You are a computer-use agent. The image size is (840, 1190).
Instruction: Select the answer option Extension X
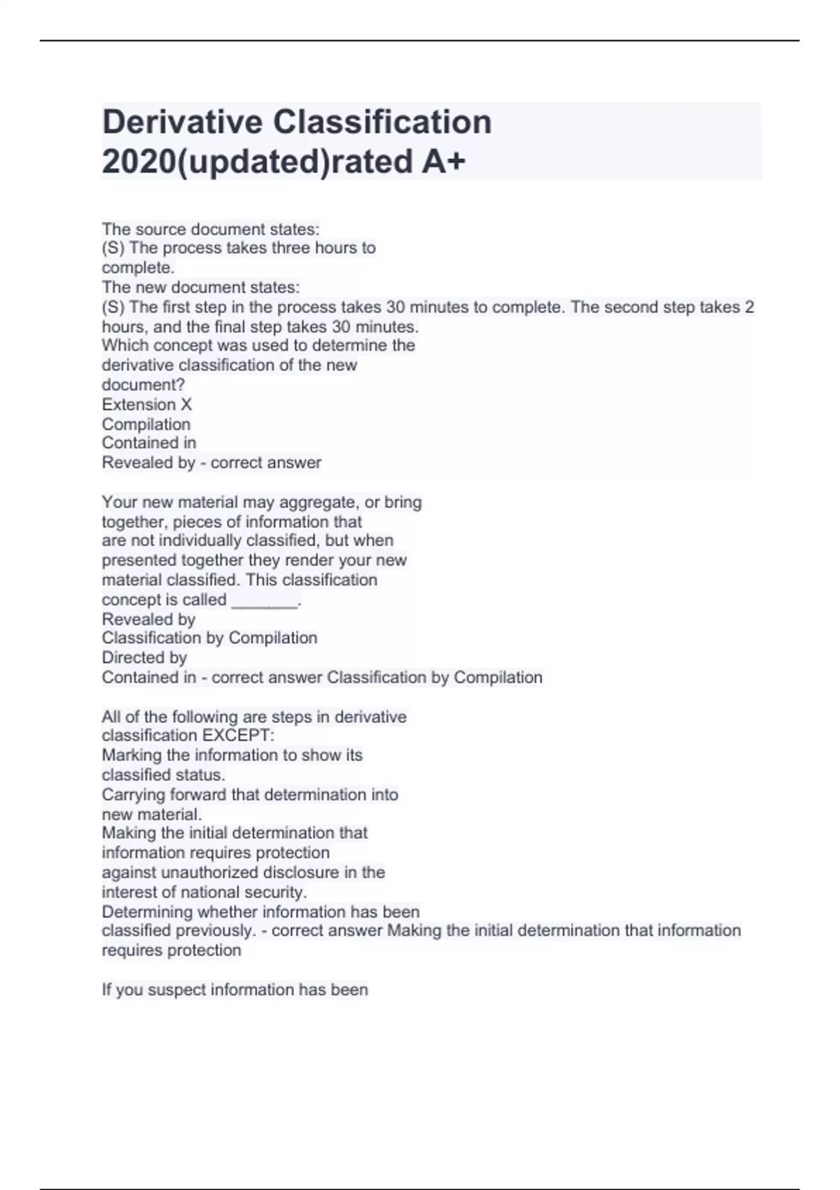point(146,405)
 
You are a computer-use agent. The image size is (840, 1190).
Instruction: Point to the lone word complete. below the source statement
point(138,267)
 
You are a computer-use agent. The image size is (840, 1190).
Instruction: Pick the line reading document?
point(143,385)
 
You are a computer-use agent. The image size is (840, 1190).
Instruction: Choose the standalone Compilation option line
point(146,424)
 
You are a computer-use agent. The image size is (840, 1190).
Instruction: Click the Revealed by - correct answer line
point(211,463)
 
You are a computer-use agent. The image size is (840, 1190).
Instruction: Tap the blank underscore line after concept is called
point(265,600)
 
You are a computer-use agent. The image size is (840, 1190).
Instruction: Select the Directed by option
point(144,658)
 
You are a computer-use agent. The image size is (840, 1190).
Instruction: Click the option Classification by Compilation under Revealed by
point(209,638)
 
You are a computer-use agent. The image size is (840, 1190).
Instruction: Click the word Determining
point(147,912)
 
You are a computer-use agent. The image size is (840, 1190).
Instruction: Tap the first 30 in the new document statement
point(395,307)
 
